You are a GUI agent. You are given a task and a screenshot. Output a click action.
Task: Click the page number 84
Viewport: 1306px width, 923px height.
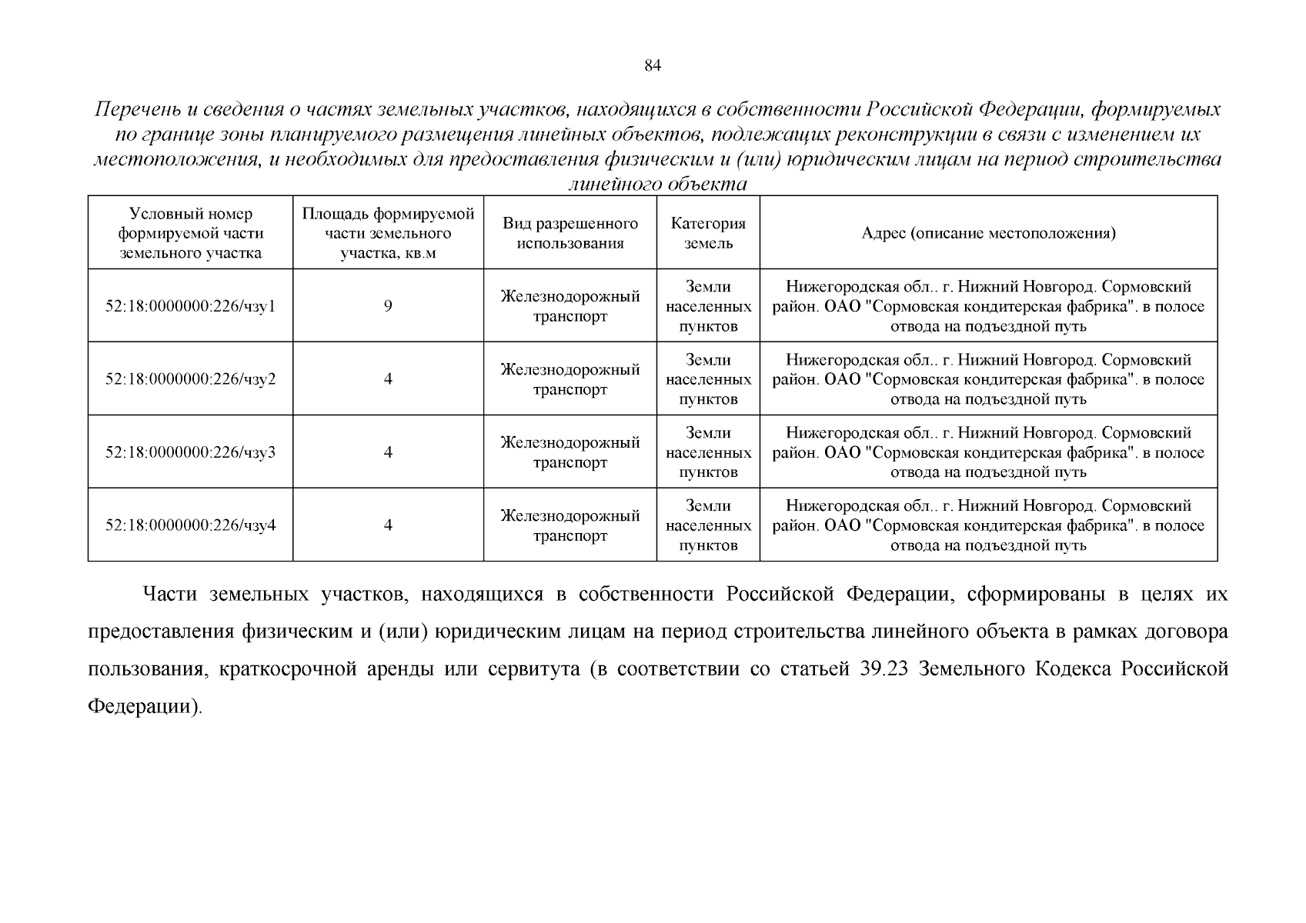point(652,66)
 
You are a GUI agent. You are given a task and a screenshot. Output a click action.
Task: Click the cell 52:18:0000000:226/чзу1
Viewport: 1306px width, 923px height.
point(190,306)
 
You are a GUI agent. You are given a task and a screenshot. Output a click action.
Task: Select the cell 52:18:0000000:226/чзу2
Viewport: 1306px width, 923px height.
point(190,379)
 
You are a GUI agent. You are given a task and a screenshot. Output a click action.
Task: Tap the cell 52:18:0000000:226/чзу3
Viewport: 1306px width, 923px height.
point(190,452)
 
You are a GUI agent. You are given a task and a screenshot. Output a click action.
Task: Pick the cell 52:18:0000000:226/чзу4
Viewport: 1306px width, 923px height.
point(190,525)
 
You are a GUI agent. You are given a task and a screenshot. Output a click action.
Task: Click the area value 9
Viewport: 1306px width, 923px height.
point(388,306)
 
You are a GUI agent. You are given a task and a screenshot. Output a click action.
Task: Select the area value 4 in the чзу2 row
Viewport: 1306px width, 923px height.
point(388,379)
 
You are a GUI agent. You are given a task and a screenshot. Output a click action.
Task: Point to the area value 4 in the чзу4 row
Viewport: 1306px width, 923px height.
point(388,525)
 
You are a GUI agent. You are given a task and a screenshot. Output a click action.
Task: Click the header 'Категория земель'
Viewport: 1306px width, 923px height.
point(708,233)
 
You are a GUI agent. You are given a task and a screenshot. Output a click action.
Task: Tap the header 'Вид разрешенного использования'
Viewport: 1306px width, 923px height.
point(570,233)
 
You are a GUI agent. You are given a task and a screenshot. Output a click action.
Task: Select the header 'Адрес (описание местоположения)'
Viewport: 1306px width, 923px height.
point(988,233)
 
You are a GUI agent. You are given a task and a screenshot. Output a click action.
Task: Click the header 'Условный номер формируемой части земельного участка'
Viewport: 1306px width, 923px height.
point(190,233)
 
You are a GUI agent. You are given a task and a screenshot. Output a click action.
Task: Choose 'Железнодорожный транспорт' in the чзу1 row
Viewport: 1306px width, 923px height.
point(570,306)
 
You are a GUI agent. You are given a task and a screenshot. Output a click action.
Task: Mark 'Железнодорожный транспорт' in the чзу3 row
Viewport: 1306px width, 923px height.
point(570,452)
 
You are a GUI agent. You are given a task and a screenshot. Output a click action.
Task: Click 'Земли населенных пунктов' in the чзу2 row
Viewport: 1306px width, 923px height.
point(708,379)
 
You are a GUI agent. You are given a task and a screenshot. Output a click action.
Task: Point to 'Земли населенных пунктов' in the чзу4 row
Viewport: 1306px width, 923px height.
point(708,525)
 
